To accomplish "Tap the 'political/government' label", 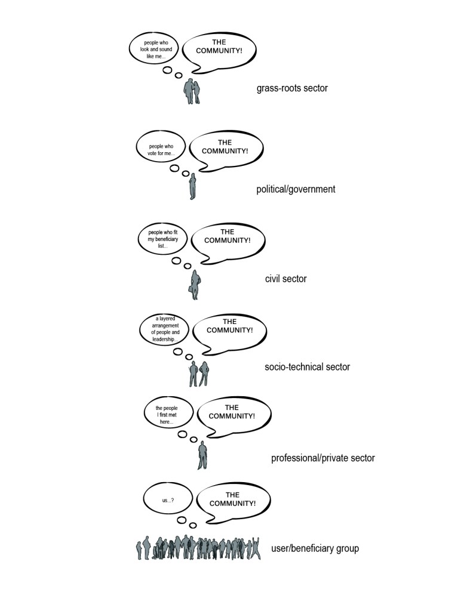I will coord(296,189).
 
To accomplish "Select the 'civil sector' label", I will coord(285,278).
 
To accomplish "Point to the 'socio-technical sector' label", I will coord(307,366).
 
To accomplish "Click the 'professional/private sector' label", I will coord(323,458).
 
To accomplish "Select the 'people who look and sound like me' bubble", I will coord(155,49).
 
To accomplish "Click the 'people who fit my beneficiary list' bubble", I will coord(163,239).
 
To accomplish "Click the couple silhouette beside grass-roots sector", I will coord(192,91).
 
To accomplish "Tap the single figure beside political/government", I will coord(192,186).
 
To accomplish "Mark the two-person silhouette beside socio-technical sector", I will coord(199,374).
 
